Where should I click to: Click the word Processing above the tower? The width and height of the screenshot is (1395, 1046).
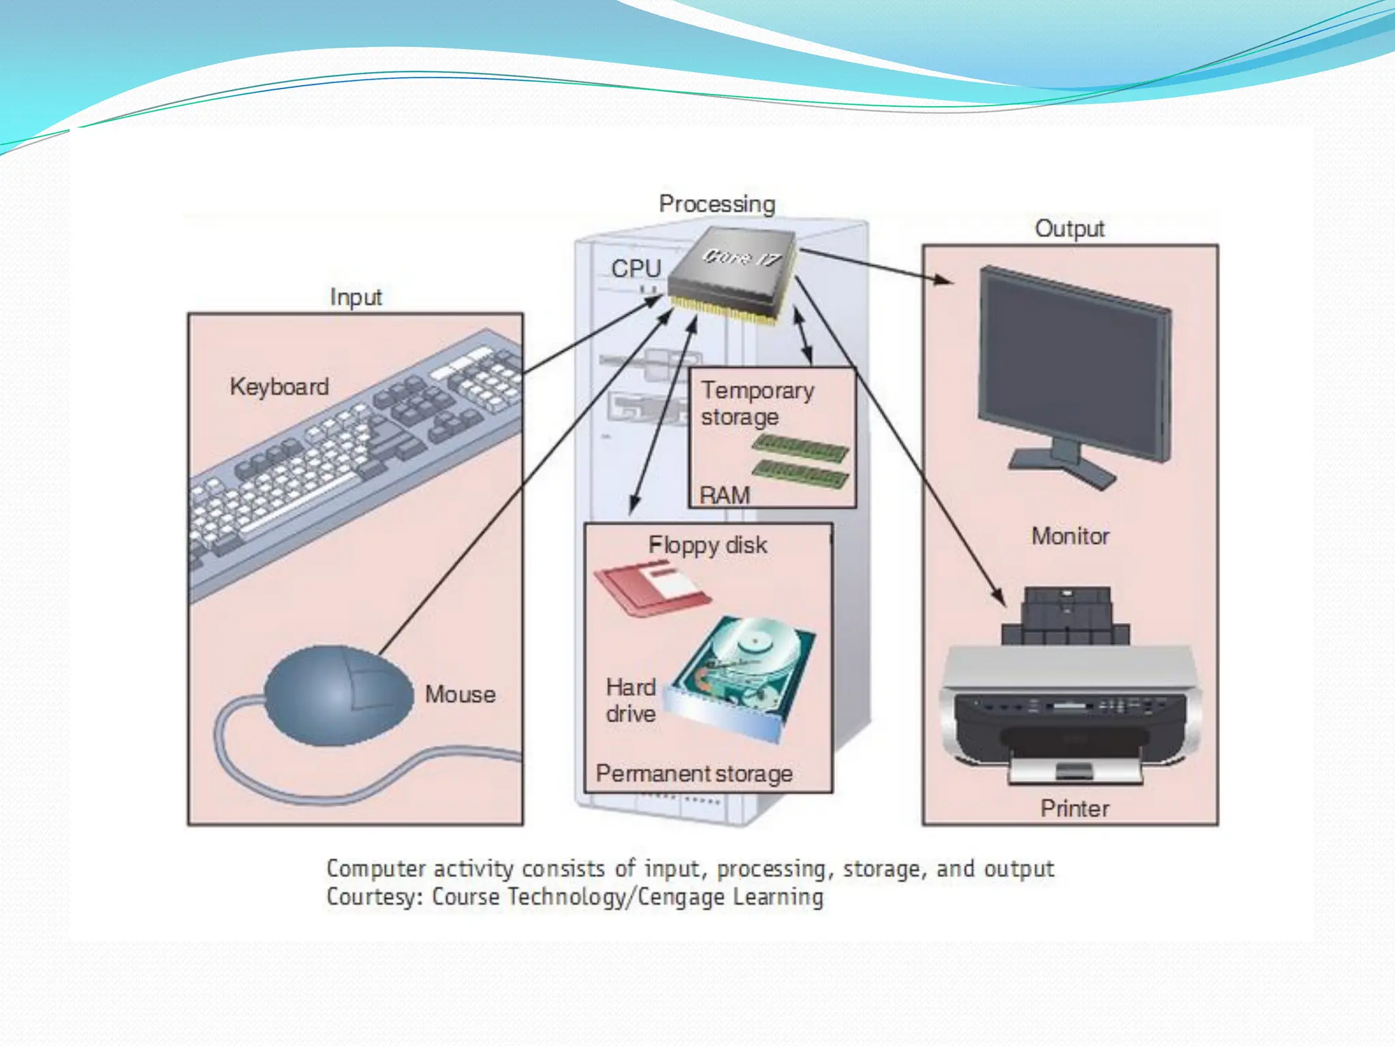[717, 204]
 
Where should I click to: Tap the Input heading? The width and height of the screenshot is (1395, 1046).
[356, 297]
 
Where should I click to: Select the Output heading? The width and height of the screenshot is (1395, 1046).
[1069, 228]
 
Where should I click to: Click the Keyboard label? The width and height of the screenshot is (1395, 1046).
[279, 386]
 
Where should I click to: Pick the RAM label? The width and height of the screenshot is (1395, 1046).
[725, 495]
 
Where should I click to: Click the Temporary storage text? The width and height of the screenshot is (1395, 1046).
[757, 403]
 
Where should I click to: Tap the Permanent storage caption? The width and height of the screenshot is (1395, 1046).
[694, 774]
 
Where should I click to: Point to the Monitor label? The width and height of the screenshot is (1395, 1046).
[1070, 536]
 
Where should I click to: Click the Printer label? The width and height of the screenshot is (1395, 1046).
[1075, 808]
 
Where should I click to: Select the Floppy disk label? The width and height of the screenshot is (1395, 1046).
[708, 545]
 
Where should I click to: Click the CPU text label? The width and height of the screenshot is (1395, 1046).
[636, 268]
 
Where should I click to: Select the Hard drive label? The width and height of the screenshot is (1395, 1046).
[631, 700]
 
